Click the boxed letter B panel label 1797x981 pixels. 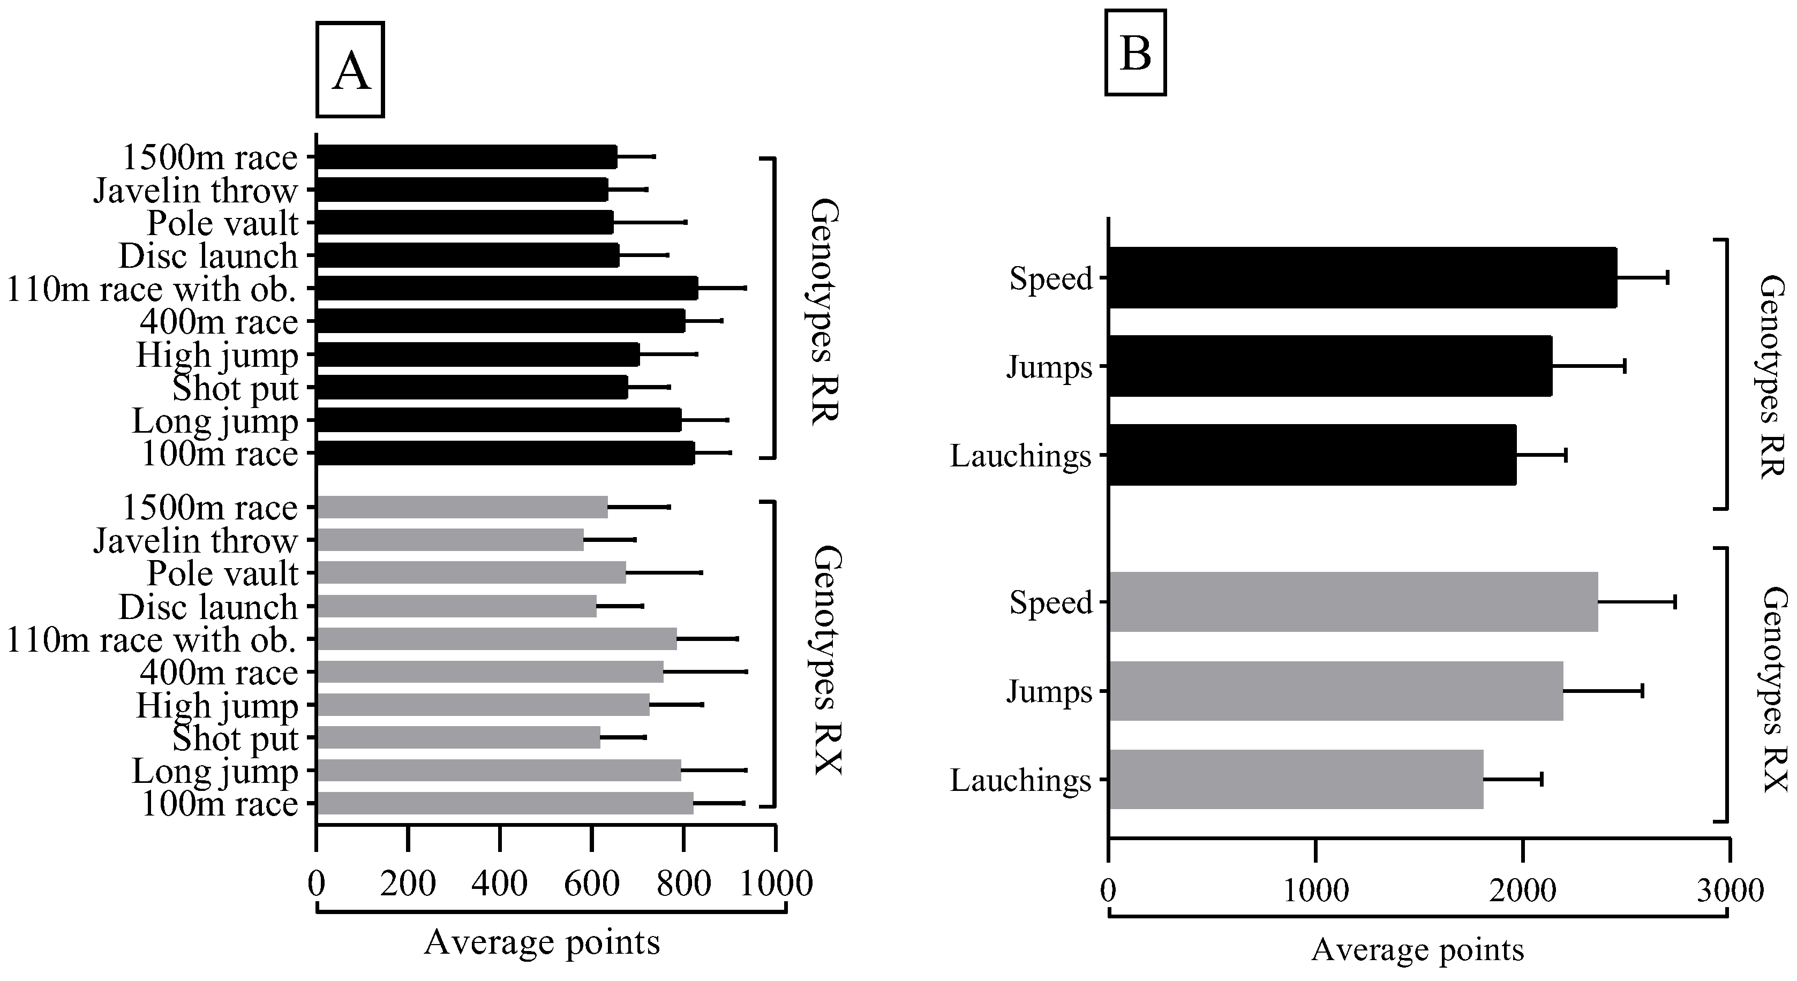1135,52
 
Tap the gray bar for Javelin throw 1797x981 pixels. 450,540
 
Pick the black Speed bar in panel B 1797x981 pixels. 1362,277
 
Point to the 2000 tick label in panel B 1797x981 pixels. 1522,891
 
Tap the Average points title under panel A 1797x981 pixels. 542,942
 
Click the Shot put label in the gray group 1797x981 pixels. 235,738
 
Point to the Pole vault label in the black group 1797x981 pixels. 222,223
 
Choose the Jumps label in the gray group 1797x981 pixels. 1049,692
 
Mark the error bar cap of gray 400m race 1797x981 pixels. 747,672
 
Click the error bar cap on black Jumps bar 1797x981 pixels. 1625,366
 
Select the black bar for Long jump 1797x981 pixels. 499,420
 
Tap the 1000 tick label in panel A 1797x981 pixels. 776,884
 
